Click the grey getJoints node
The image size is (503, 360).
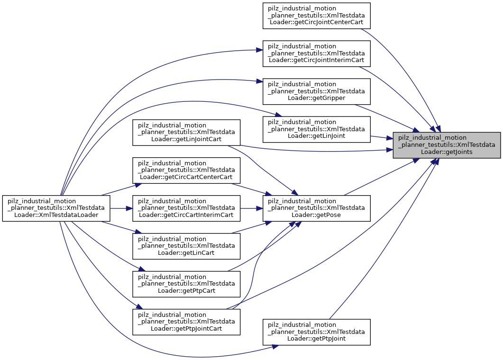447,145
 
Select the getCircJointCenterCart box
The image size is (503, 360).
316,16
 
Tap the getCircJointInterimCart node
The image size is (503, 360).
316,54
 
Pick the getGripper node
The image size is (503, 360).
316,91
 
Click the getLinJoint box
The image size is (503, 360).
316,129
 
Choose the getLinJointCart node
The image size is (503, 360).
186,133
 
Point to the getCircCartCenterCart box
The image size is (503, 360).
186,171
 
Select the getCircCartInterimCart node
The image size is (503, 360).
186,208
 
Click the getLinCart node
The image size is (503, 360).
186,246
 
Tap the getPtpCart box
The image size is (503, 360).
186,284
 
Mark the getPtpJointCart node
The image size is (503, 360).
186,322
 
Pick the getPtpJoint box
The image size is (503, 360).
316,332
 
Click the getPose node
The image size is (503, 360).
316,208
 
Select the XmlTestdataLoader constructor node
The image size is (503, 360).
56,208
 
